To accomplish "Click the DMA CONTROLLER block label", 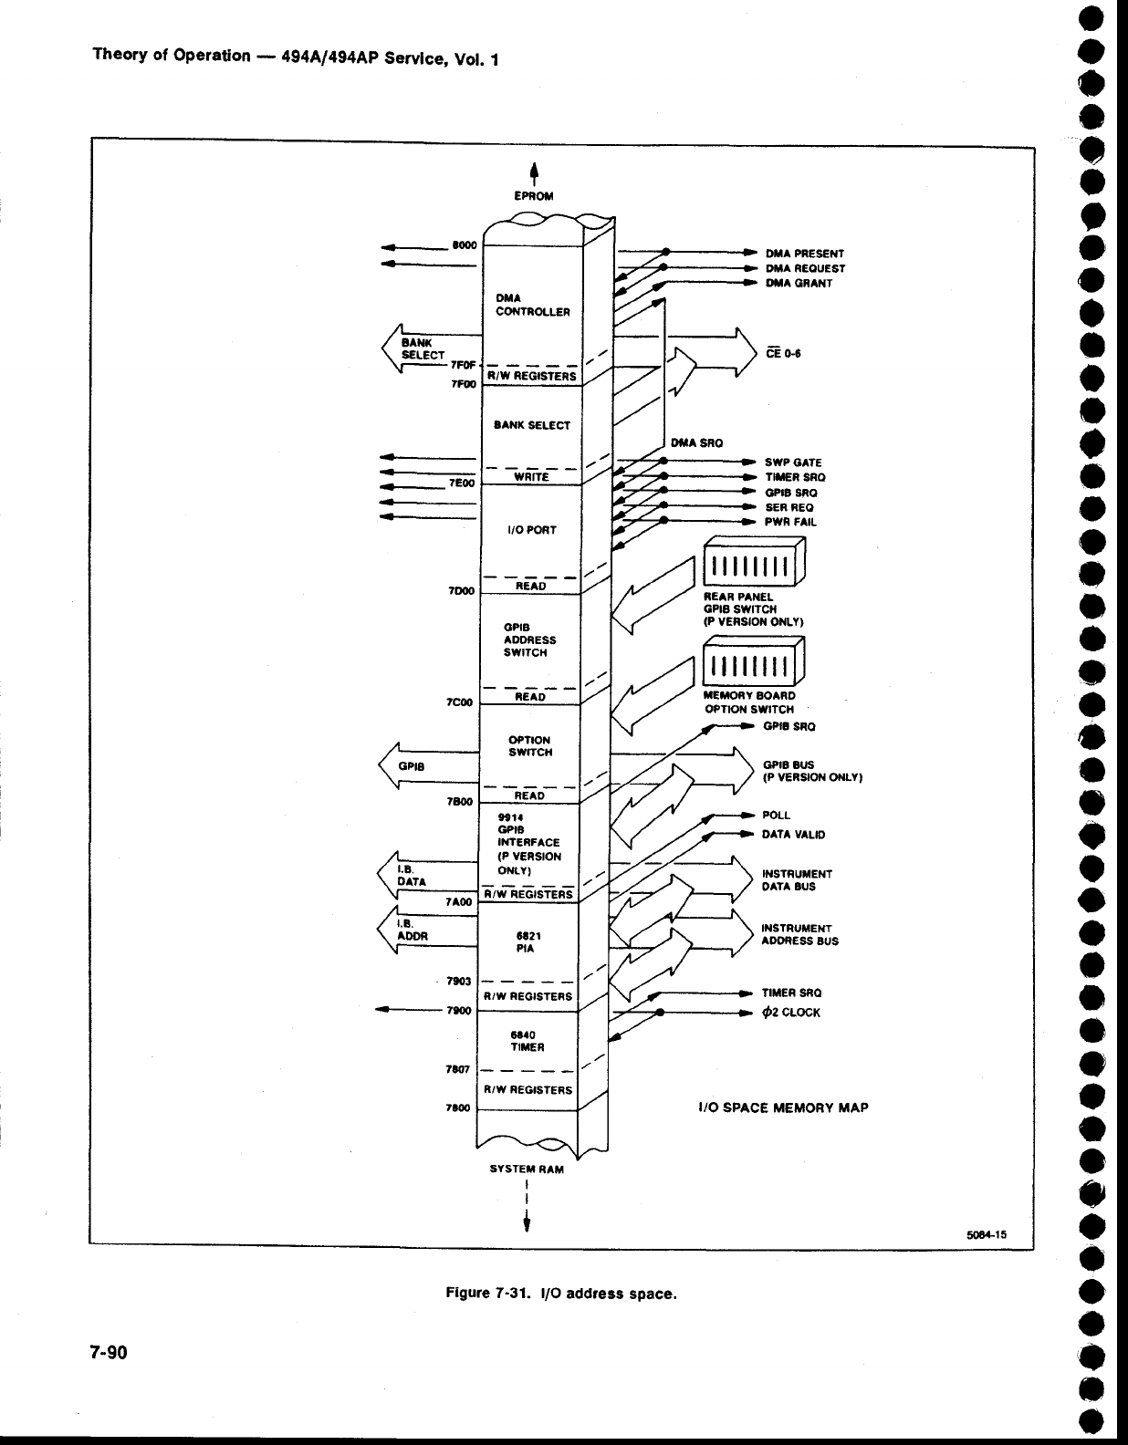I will coord(532,305).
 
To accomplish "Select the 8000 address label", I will coord(465,244).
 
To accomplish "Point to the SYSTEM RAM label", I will coord(527,1169).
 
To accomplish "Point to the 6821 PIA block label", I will coord(525,941).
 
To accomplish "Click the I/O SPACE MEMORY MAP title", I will coord(782,1107).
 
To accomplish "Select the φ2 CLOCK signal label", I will coord(791,1012).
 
